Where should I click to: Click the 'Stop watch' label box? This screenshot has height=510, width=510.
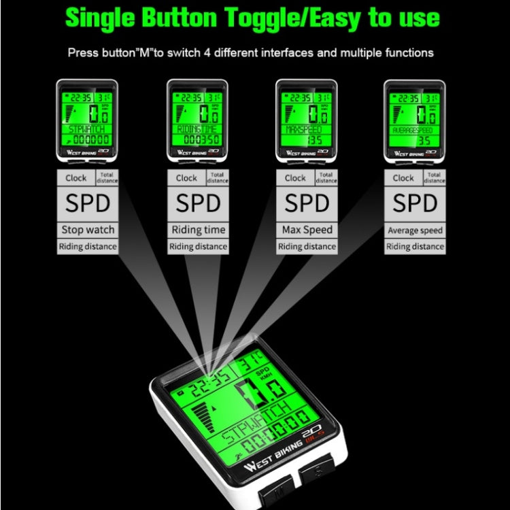click(x=88, y=230)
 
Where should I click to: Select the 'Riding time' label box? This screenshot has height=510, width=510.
click(x=197, y=230)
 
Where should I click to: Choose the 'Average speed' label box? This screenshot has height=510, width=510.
click(x=415, y=230)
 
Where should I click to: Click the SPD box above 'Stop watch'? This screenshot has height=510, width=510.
click(x=88, y=203)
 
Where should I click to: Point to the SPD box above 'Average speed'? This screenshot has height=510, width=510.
click(x=415, y=203)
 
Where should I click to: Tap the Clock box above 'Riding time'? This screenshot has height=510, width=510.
click(x=186, y=177)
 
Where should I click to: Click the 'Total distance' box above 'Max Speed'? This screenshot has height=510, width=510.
click(x=326, y=177)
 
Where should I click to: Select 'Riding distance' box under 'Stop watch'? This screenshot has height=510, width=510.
click(x=88, y=247)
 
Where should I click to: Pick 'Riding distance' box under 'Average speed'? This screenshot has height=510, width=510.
click(x=415, y=247)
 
